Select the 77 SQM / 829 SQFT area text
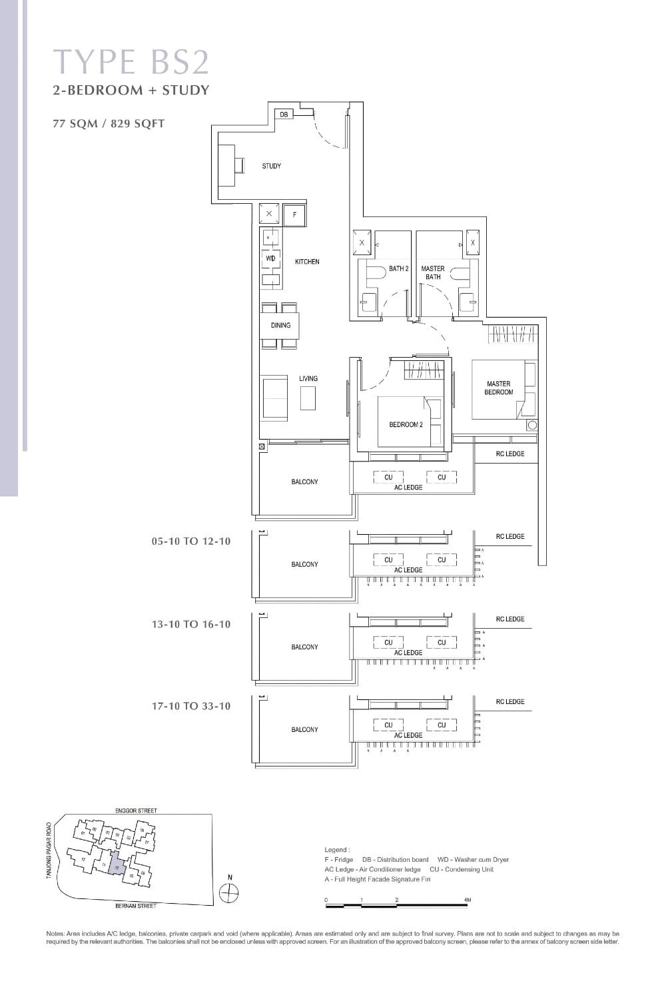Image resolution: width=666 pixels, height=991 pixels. pos(109,123)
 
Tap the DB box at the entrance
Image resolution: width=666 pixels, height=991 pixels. pos(284,115)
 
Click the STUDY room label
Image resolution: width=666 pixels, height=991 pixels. pos(271,166)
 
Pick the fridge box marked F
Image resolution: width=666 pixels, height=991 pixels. pos(294,216)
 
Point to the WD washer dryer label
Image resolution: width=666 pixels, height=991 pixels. pos(270,258)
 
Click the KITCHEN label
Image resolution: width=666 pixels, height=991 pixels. pos(307,262)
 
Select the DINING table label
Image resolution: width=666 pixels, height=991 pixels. pos(280,326)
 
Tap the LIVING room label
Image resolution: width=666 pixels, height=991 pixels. pos(308,378)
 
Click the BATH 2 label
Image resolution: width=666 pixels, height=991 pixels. pos(398,268)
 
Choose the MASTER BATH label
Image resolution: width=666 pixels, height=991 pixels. pos(433,272)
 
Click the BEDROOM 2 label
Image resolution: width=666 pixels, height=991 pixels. pos(406,424)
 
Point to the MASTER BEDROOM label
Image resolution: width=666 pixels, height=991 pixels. pos(499,388)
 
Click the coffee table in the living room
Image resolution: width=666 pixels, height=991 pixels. pos(307,398)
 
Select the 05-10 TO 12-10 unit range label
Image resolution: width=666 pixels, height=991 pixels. pos(191,541)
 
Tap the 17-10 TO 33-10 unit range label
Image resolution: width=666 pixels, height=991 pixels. pos(191,706)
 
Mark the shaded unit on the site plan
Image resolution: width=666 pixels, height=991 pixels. pos(115,863)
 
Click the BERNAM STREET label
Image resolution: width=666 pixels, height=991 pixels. pos(136,906)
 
